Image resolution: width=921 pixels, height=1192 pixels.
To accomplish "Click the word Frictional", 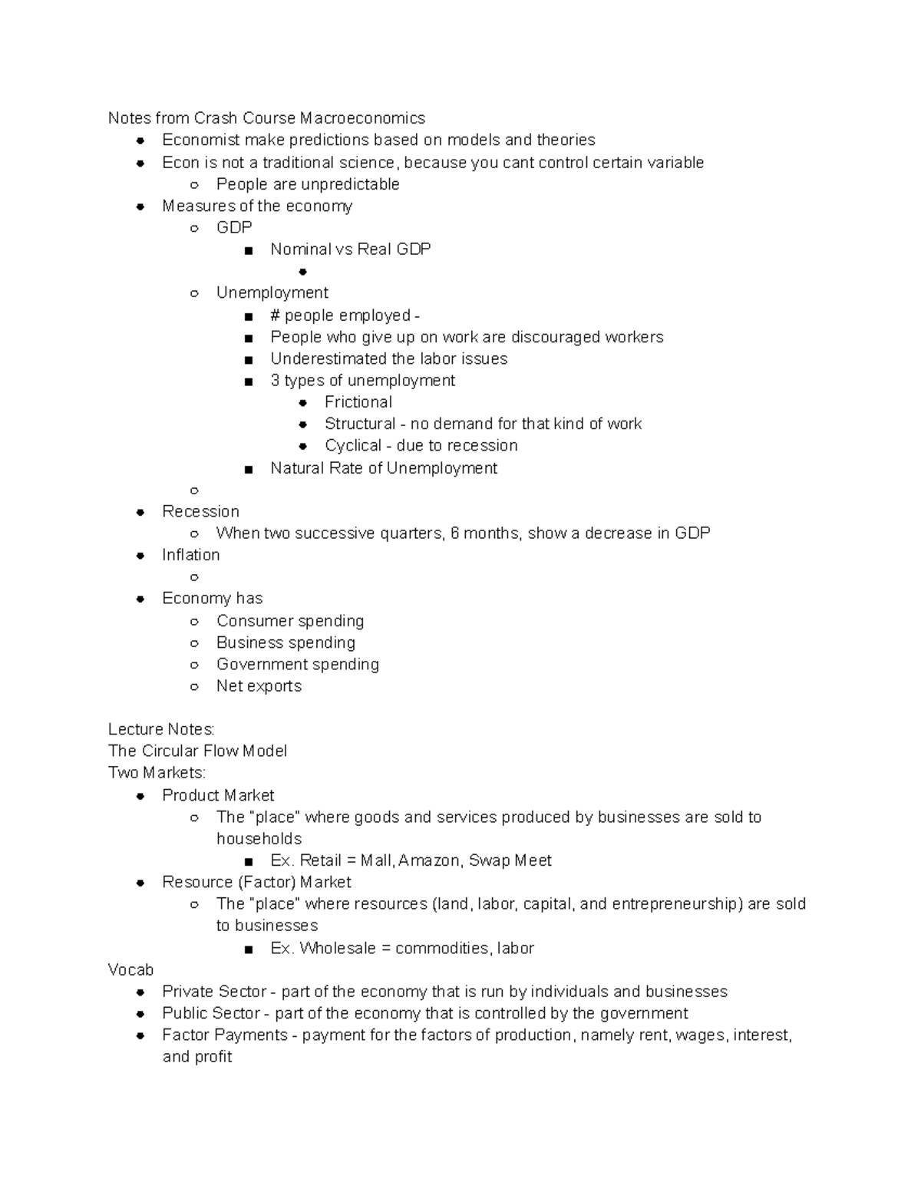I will (358, 402).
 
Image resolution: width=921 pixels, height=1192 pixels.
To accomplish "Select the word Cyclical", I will (353, 446).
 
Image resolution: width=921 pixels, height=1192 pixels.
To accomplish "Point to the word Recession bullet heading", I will (200, 512).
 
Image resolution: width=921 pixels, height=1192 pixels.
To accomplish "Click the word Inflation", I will (190, 555).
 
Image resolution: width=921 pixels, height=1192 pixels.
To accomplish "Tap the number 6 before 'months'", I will (455, 533).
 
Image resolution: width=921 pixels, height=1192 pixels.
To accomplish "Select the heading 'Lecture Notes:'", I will (161, 729).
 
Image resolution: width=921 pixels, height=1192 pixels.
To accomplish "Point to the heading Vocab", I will (130, 970).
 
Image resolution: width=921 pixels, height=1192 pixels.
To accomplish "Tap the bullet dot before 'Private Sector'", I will (140, 992).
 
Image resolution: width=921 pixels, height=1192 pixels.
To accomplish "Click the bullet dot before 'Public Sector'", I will (140, 1014).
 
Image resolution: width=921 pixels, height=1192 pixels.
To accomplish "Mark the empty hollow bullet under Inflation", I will (194, 577).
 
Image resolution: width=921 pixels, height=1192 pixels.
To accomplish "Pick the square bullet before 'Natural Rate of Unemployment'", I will (248, 469).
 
